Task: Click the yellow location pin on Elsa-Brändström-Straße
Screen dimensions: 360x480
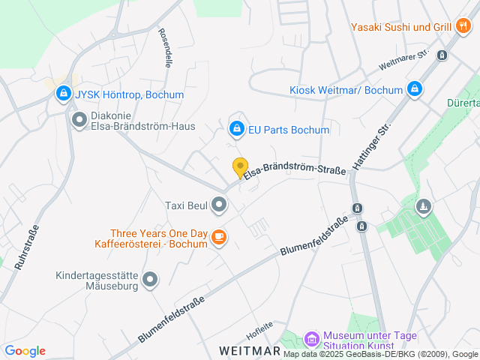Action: tap(240, 167)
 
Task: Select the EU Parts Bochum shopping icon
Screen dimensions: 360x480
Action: tap(237, 129)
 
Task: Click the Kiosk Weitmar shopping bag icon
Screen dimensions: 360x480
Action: tap(414, 90)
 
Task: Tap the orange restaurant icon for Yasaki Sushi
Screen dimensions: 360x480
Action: tap(463, 27)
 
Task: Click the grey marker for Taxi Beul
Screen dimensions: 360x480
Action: tap(219, 204)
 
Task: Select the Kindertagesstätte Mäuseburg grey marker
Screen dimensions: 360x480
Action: tap(151, 280)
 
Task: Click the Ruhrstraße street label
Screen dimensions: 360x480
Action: tap(25, 247)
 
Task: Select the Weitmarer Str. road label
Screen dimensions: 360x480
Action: tap(403, 60)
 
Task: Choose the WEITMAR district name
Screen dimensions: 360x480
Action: tap(250, 350)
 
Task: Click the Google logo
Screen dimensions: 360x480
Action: tap(25, 350)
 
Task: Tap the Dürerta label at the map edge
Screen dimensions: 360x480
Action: tap(463, 103)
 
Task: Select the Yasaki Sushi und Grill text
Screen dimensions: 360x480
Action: tap(400, 27)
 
